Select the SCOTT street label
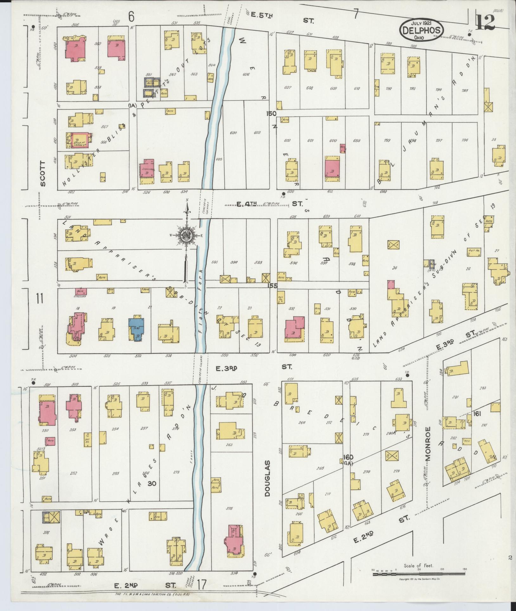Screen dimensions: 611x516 click(x=43, y=173)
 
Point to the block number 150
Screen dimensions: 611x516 click(x=272, y=114)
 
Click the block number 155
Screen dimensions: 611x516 click(x=272, y=285)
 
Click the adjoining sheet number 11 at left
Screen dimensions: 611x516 click(x=40, y=299)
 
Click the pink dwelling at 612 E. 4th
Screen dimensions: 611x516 click(x=332, y=170)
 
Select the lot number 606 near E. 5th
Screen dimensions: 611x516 click(x=246, y=75)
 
